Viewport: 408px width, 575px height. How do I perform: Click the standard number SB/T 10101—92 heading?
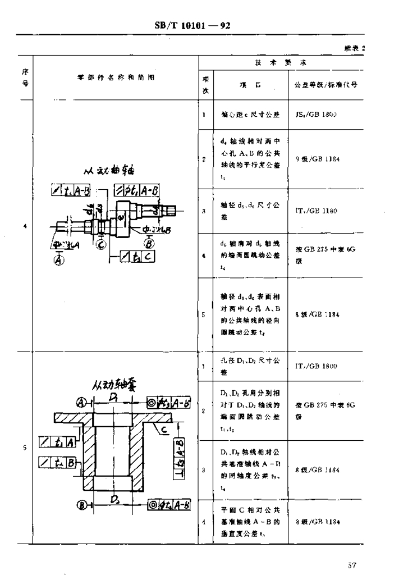(193, 26)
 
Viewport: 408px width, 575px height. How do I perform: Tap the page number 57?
(352, 564)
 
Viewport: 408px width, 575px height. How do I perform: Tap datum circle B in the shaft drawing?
(150, 244)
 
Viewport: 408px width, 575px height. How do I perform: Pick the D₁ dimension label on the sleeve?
(113, 396)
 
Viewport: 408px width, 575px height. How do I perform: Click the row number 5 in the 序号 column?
(25, 448)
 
